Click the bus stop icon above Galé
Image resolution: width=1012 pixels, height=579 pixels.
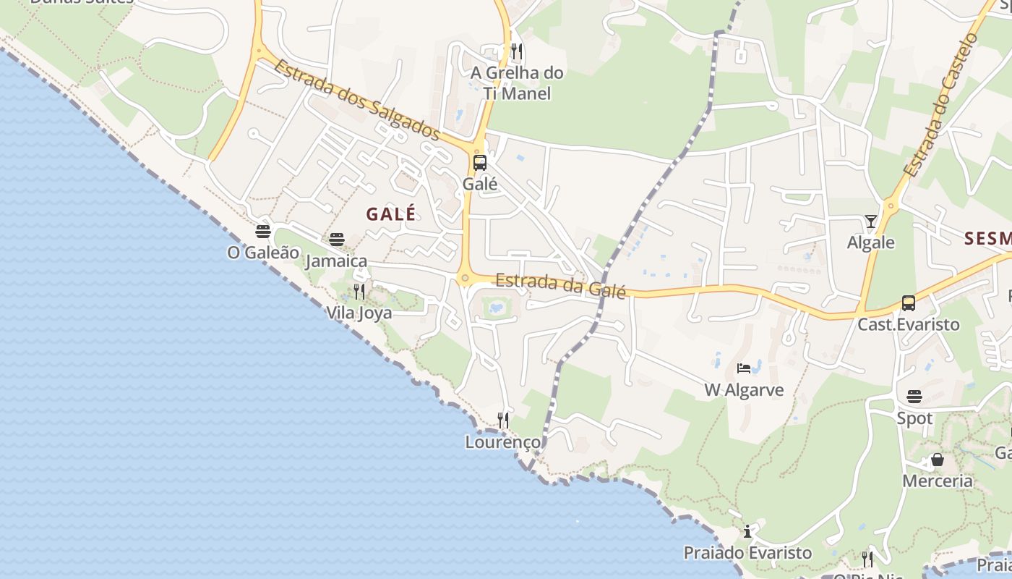coord(480,163)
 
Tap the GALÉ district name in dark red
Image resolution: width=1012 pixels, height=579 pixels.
coord(391,214)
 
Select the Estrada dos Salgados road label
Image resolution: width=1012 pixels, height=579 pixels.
coord(356,99)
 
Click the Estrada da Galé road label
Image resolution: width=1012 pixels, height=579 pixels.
coord(561,284)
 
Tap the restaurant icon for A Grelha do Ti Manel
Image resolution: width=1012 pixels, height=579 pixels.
coord(516,51)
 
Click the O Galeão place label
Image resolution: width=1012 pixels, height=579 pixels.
coord(263,253)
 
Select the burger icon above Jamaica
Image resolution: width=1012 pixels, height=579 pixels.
coord(337,240)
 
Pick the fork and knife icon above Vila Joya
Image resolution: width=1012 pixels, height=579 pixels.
coord(359,292)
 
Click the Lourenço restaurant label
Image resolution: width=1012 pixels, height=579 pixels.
coord(503,441)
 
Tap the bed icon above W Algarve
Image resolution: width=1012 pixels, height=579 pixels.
coord(744,368)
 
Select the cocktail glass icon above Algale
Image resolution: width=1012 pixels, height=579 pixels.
coord(871,221)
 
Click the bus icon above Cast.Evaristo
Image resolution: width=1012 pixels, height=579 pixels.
coord(909,303)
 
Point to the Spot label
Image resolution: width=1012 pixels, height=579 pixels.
coord(914,418)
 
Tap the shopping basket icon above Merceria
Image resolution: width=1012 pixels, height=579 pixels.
coord(938,460)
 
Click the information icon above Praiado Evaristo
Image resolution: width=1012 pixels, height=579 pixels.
coord(747,532)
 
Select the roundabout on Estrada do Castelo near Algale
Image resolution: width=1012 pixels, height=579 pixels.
coord(891,206)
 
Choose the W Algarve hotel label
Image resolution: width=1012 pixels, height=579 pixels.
coord(744,390)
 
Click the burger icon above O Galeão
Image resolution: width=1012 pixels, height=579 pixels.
coord(263,232)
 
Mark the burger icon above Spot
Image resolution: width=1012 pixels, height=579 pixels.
coord(914,397)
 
